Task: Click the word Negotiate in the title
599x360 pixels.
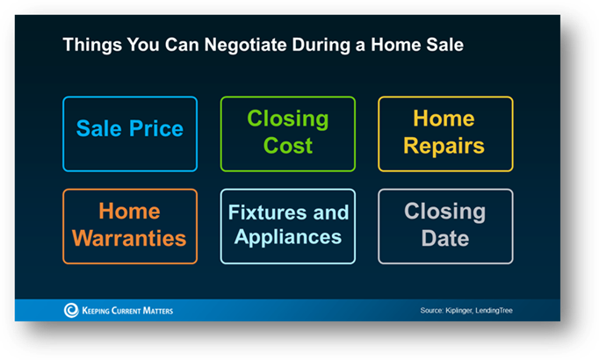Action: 245,45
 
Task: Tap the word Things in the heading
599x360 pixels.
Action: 92,45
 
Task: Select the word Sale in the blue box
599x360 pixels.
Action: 99,128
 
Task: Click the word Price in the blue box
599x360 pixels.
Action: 156,128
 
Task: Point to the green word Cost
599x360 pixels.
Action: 288,146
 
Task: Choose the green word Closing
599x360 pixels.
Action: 288,119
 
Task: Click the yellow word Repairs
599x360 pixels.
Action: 444,147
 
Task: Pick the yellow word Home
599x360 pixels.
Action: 444,119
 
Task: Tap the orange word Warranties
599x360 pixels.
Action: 129,238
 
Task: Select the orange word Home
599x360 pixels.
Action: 129,211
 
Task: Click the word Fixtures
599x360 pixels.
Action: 267,212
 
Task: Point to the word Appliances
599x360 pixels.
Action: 288,238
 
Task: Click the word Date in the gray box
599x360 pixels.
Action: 445,238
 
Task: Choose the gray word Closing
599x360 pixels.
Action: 445,212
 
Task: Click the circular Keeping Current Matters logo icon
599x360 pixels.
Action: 71,310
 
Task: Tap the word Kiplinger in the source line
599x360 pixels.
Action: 458,311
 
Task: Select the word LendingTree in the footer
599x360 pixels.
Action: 494,311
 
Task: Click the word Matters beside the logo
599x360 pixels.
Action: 158,311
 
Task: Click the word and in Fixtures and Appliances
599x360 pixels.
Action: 331,212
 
